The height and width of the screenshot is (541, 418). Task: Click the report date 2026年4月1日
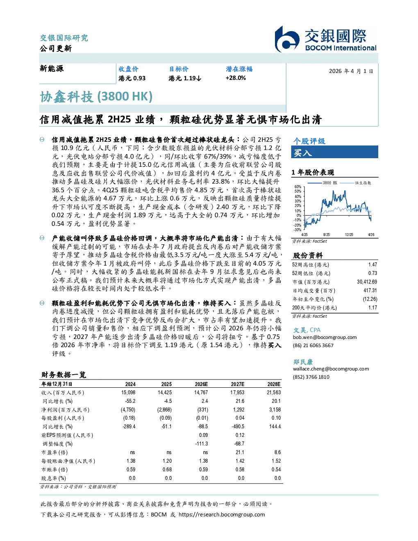351,71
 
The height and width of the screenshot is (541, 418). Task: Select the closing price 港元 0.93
132,78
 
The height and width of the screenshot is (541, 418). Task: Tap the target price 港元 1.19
184,78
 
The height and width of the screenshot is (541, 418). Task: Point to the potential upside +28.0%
236,78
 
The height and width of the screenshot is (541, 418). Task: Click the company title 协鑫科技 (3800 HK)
96,97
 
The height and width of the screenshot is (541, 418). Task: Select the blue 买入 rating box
334,152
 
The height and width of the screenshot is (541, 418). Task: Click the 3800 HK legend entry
322,183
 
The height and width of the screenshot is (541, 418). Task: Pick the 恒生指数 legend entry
355,183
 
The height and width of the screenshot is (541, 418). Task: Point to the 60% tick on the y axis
298,187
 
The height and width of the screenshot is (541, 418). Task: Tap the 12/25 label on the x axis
349,235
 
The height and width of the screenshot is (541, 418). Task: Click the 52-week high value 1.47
373,265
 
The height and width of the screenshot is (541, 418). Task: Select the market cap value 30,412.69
367,282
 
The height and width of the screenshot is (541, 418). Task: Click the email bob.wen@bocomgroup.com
325,337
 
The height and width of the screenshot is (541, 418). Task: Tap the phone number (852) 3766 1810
311,377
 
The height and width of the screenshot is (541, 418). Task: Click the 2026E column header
201,384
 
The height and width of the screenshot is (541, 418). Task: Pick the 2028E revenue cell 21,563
274,393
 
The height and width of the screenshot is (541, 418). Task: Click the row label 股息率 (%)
54,478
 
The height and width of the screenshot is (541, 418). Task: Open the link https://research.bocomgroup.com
222,515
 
